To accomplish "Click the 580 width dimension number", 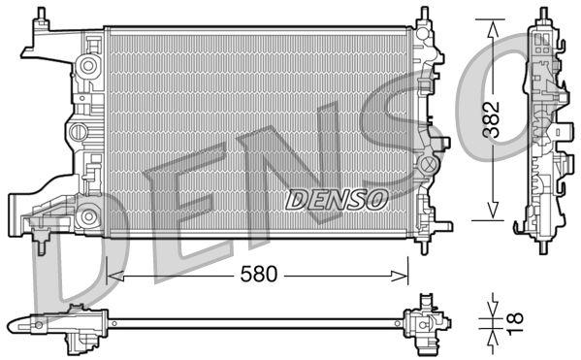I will click(258, 275).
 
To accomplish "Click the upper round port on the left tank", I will click(88, 66).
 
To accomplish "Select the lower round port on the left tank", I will click(88, 215).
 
